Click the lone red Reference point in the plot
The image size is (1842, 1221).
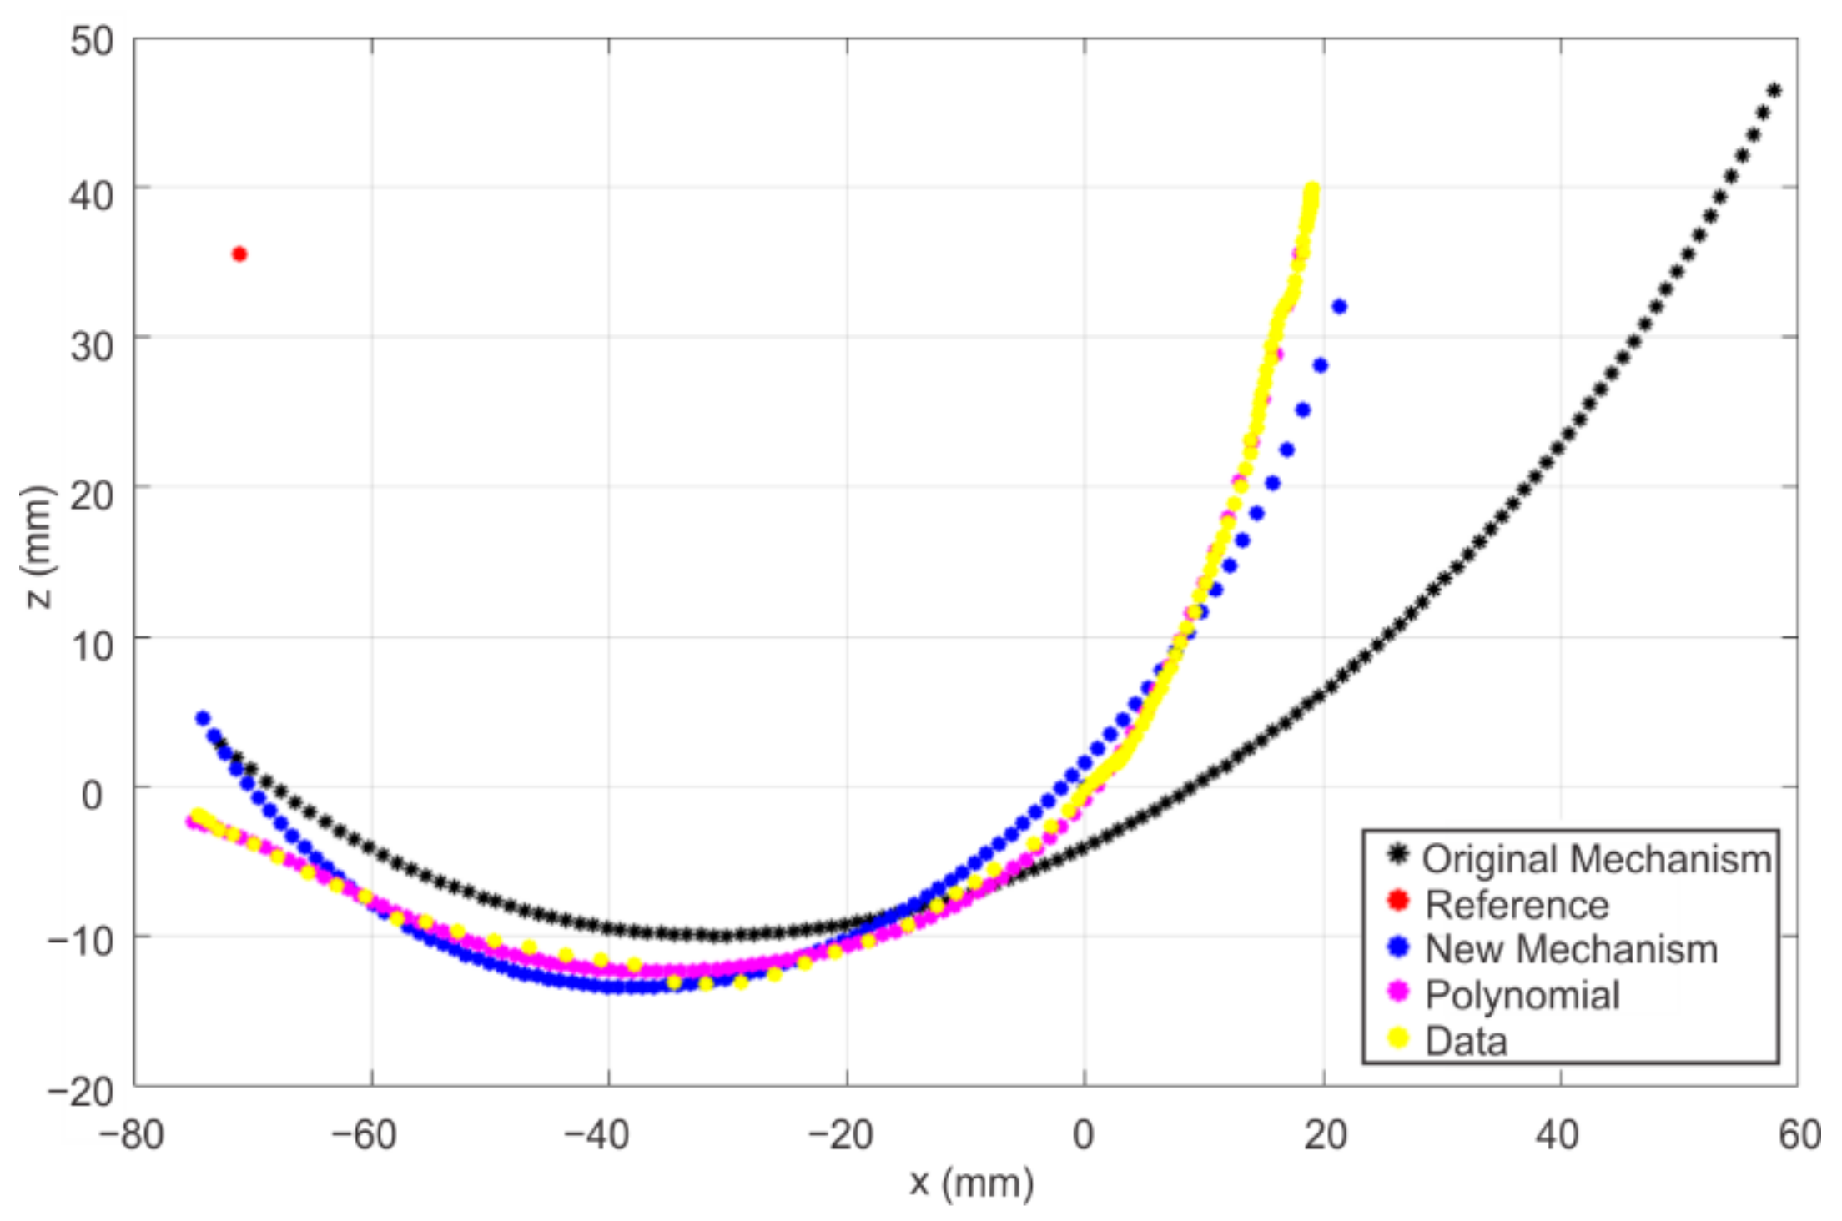(x=239, y=254)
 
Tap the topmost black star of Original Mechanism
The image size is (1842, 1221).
(x=1774, y=91)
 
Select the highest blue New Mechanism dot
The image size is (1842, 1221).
(x=1340, y=307)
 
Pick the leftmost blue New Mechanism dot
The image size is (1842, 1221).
(x=203, y=718)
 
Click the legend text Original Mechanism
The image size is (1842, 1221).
(x=1597, y=859)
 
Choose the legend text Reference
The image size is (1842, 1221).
(x=1517, y=905)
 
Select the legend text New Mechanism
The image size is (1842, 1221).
(x=1571, y=949)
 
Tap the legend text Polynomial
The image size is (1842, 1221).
(x=1522, y=995)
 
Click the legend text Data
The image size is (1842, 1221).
(x=1466, y=1041)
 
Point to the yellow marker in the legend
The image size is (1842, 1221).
(x=1398, y=1038)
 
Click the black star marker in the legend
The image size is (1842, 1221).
(x=1398, y=855)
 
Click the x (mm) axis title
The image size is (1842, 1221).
(x=971, y=1182)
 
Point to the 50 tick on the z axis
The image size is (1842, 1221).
(x=92, y=40)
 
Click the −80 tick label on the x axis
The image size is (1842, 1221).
(x=132, y=1135)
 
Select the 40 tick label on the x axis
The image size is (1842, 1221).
(x=1558, y=1135)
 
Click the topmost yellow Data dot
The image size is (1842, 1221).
(x=1311, y=190)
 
